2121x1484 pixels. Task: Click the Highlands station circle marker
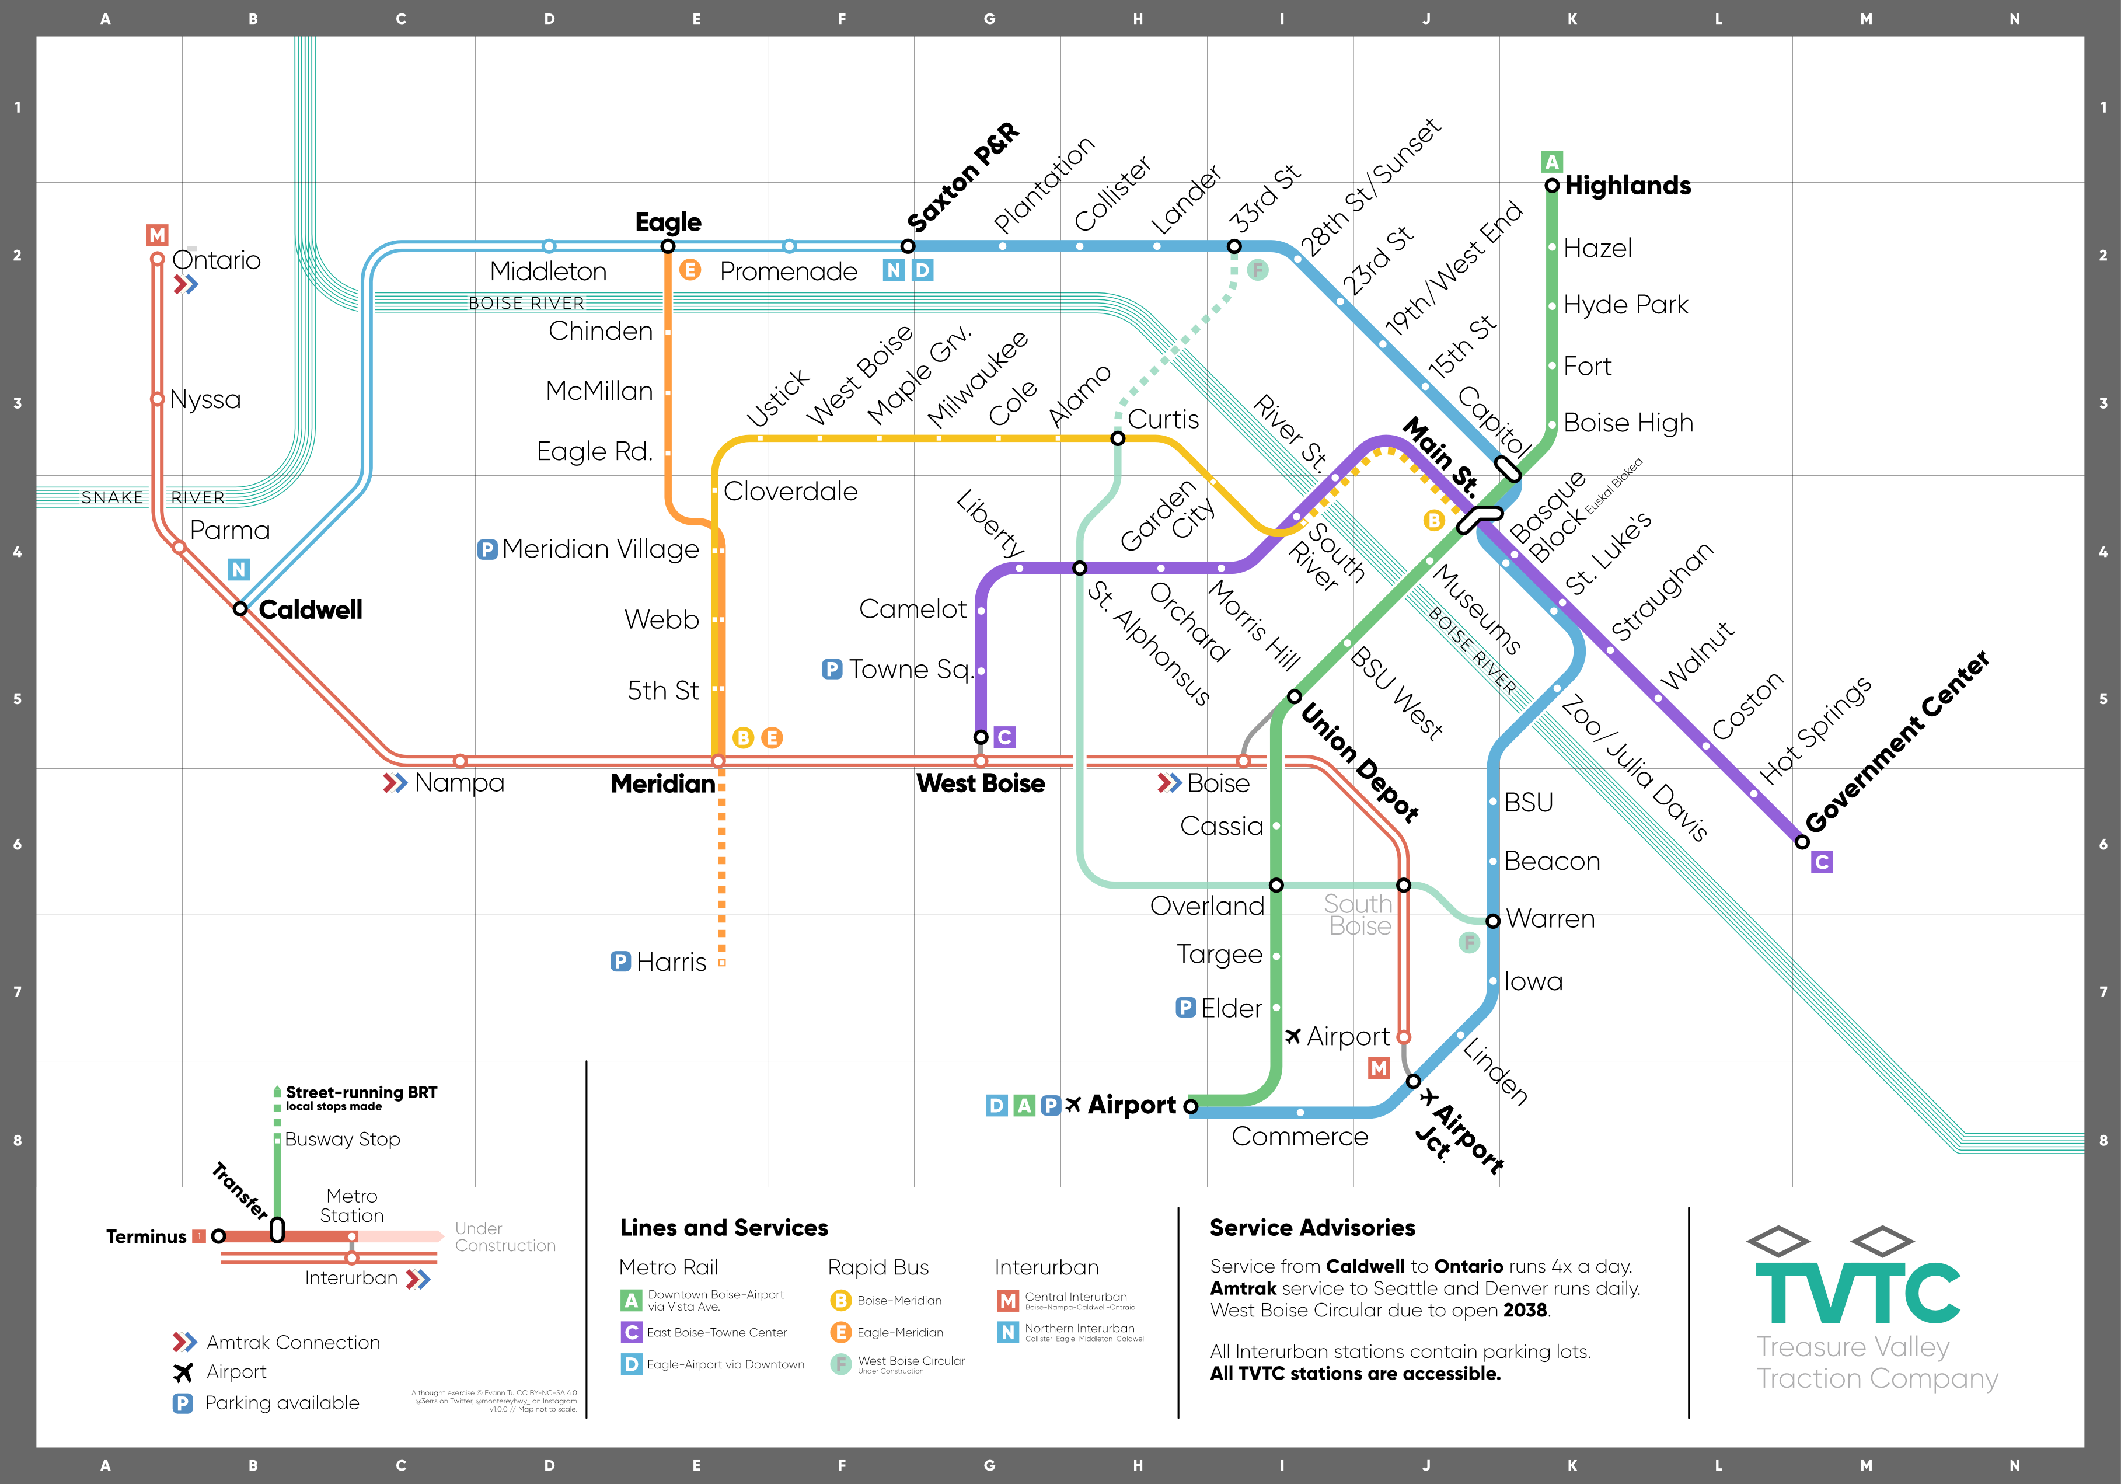click(x=1552, y=186)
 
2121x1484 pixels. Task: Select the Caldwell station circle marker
click(x=240, y=609)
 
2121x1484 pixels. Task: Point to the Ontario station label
click(x=216, y=260)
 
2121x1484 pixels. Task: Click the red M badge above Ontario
click(x=158, y=236)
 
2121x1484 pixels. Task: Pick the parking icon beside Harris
click(x=621, y=962)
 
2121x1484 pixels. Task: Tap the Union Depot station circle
click(x=1294, y=696)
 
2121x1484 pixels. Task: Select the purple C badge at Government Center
click(x=1822, y=862)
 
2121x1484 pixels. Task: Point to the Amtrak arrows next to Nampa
click(x=395, y=783)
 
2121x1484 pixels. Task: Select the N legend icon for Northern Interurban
click(x=1008, y=1332)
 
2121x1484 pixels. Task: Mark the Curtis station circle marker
click(x=1118, y=438)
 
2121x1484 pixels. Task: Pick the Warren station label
click(x=1550, y=919)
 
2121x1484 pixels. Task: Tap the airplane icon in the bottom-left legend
click(x=183, y=1372)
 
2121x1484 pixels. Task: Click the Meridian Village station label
click(x=601, y=550)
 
